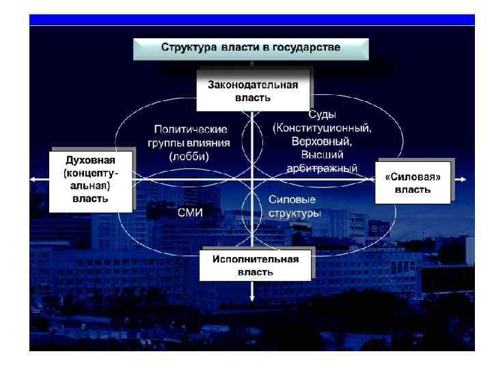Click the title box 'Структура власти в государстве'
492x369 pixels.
[x=250, y=49]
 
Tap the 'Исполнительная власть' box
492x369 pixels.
[x=255, y=265]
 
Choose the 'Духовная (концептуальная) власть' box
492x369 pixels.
[x=90, y=179]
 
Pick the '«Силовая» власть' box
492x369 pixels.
[x=413, y=182]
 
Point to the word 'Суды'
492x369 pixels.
[x=322, y=114]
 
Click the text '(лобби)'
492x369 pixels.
[x=189, y=156]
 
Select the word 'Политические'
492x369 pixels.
[x=190, y=129]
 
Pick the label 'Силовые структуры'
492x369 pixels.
[x=292, y=206]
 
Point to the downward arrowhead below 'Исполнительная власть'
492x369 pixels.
[x=253, y=297]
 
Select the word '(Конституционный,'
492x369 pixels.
[x=322, y=128]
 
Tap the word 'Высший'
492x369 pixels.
[x=322, y=155]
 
